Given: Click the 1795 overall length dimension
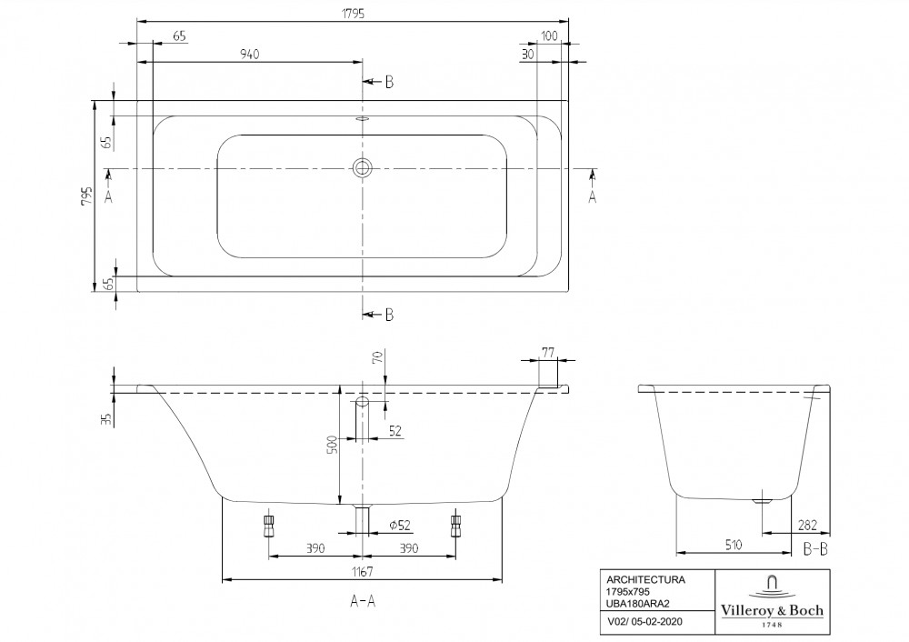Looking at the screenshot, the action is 353,13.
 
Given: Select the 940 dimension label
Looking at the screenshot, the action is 249,54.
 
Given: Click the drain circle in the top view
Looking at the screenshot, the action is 363,168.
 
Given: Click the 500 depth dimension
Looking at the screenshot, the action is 333,445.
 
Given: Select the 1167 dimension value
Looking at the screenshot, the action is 362,572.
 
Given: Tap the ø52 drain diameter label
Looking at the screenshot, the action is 400,525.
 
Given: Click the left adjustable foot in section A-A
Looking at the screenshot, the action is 268,525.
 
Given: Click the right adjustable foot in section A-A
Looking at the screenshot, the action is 455,525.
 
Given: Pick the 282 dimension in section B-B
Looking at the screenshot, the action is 807,526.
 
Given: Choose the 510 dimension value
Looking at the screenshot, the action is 733,545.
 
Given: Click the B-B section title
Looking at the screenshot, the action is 815,548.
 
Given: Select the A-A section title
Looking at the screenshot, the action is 363,601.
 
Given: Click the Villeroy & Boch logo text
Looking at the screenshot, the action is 772,610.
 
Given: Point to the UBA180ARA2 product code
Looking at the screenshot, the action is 638,603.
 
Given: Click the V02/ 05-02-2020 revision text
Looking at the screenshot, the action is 644,622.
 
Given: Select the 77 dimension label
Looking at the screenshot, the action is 548,352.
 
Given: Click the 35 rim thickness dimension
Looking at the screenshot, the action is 106,418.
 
